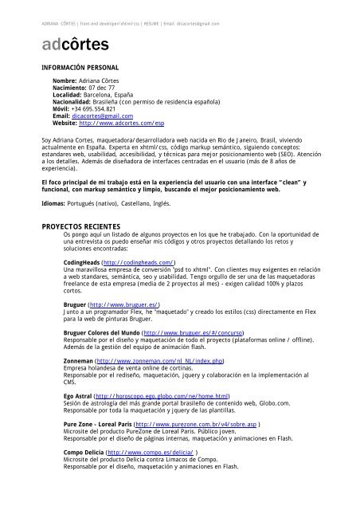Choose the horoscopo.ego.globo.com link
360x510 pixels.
(162, 394)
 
